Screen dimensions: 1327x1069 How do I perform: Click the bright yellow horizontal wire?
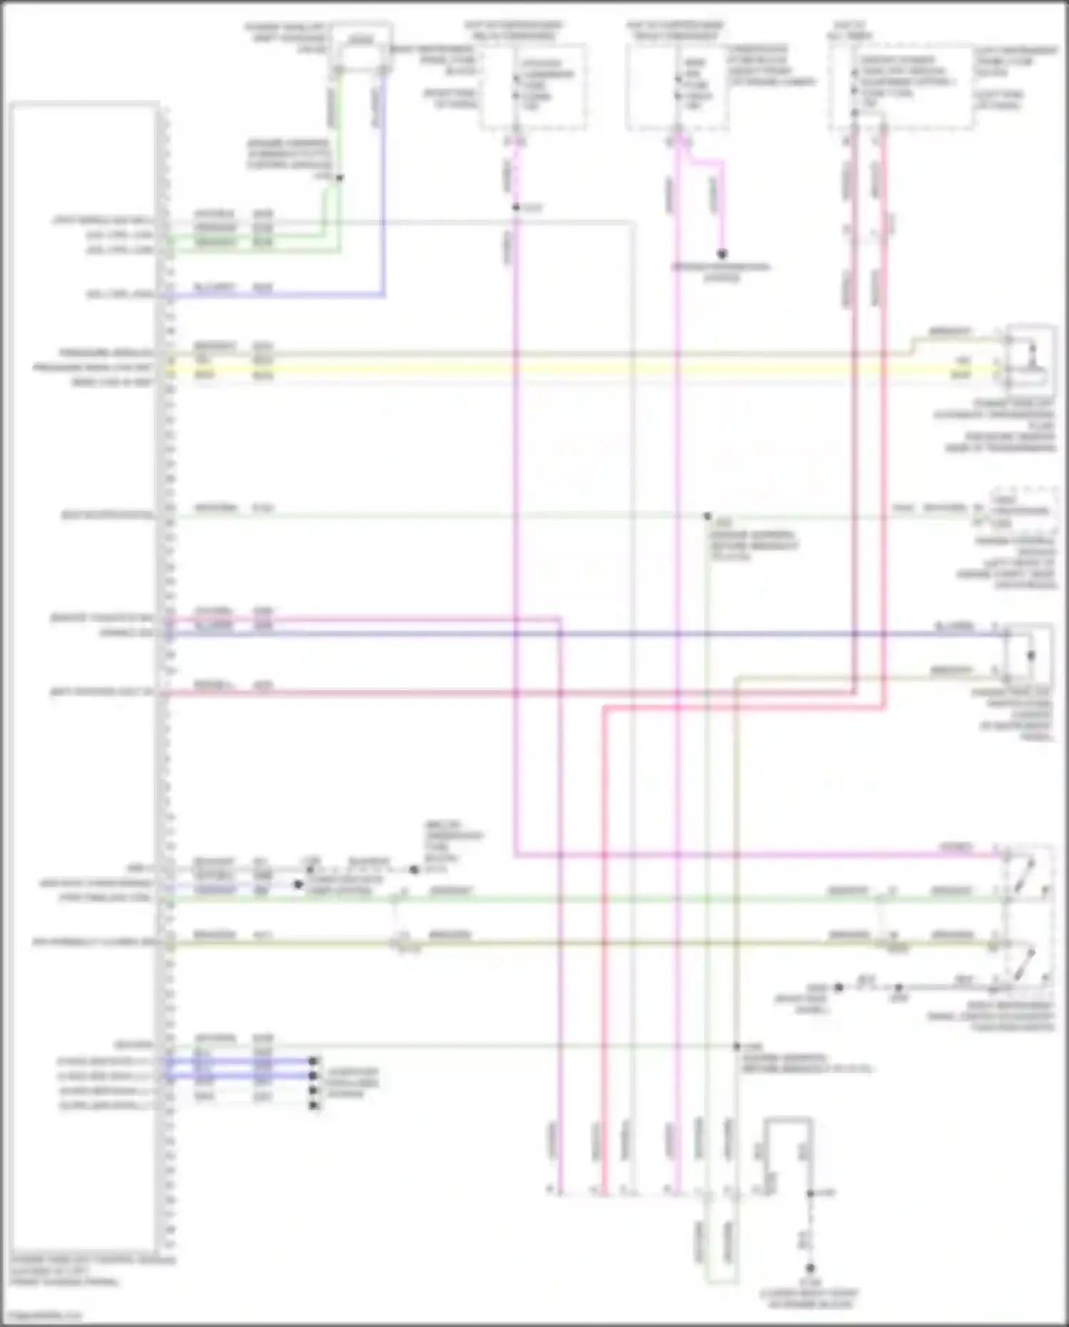(570, 369)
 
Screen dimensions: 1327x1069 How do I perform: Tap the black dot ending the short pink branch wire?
(722, 254)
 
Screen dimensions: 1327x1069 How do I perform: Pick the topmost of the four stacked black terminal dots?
(313, 1060)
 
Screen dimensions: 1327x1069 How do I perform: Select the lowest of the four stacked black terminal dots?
(313, 1105)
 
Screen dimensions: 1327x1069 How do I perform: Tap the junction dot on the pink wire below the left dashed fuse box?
(515, 207)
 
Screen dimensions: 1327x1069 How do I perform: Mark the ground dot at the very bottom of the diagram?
(810, 1269)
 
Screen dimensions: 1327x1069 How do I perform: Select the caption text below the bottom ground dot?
(810, 1298)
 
